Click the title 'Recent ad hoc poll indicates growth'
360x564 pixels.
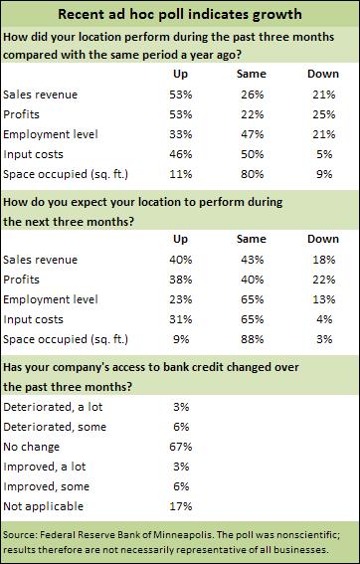(179, 15)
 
